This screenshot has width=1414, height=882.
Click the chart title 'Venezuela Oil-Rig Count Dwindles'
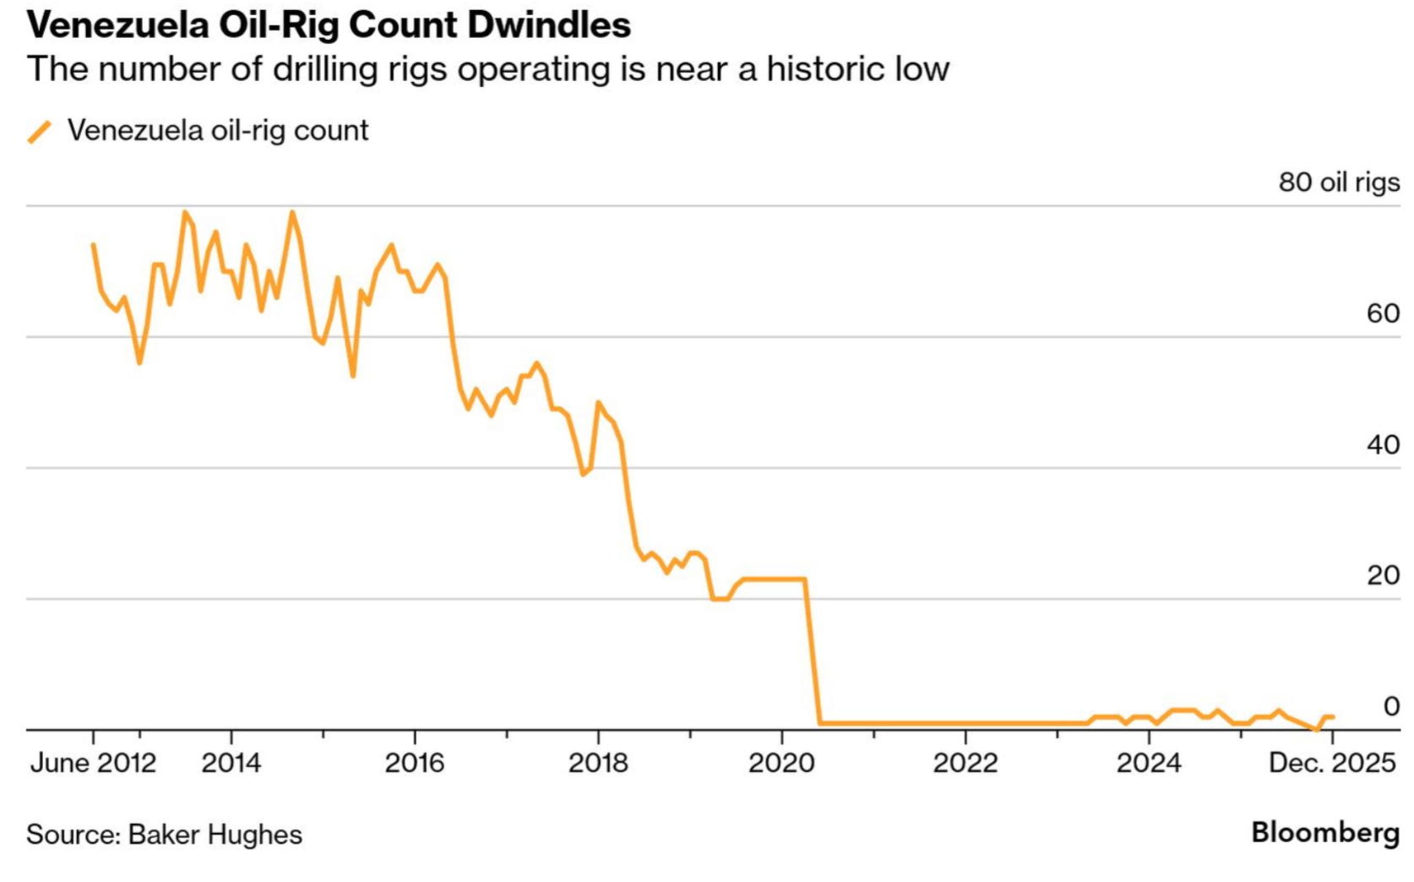(329, 25)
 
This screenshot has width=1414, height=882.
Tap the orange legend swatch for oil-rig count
(40, 132)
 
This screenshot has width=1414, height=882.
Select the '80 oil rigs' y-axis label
(1338, 182)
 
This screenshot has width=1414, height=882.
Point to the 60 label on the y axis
(1382, 314)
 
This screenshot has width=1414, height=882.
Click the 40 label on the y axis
(1382, 445)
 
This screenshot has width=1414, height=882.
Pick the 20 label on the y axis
(1382, 576)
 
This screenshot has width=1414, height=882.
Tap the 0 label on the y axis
(1390, 706)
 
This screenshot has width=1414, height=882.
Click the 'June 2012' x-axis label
(93, 764)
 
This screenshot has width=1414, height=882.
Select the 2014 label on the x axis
(231, 764)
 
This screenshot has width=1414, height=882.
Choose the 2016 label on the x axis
(414, 764)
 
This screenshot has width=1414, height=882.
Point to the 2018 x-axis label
(598, 764)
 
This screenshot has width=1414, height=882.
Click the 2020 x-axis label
(781, 764)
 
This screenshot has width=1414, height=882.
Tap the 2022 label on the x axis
(965, 764)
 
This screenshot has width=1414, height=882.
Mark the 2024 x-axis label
(1148, 764)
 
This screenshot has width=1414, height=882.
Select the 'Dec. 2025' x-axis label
(1331, 764)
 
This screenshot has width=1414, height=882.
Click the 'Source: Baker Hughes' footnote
(164, 835)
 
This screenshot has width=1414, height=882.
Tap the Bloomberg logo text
(1324, 832)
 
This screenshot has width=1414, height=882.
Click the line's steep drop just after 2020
(813, 651)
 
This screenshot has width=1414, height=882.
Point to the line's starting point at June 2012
(94, 246)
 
